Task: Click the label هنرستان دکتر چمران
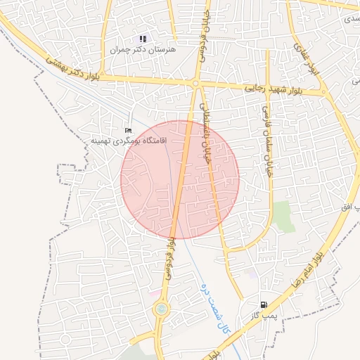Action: pyautogui.click(x=143, y=50)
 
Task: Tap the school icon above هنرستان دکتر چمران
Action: pyautogui.click(x=143, y=39)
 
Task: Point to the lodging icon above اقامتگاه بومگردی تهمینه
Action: pyautogui.click(x=127, y=131)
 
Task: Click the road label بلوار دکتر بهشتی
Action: pyautogui.click(x=74, y=70)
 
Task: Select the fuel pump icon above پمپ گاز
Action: pyautogui.click(x=264, y=304)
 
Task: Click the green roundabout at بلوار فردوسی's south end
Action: pyautogui.click(x=162, y=309)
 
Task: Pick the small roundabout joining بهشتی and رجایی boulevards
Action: pyautogui.click(x=195, y=84)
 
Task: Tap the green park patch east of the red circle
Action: pyautogui.click(x=283, y=217)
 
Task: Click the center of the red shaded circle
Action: pyautogui.click(x=180, y=179)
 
